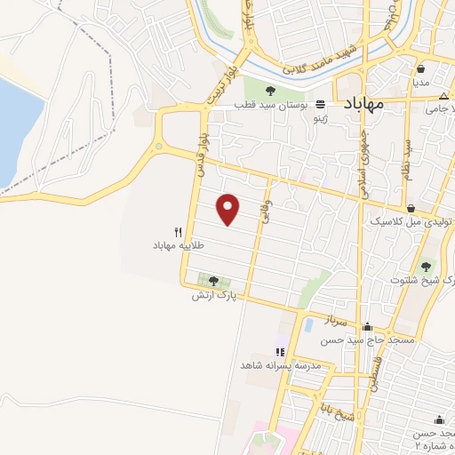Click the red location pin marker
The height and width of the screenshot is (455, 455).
(x=229, y=210)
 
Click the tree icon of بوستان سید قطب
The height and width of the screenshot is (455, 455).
(x=270, y=89)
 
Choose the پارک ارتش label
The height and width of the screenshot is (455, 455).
(x=213, y=295)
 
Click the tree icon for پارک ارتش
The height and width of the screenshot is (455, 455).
(x=213, y=281)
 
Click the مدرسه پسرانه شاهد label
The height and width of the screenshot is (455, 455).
(x=275, y=365)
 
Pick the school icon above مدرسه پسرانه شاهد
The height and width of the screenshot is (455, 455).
(x=281, y=352)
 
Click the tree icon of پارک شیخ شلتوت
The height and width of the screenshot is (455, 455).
(x=427, y=265)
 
